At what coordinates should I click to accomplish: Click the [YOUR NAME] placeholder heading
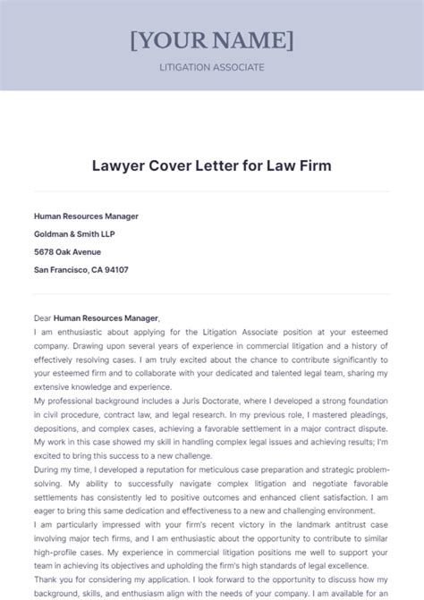[212, 40]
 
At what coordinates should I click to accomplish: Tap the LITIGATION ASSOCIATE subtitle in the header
[212, 67]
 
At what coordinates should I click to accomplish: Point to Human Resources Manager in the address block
[86, 215]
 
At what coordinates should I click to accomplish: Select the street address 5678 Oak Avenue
[69, 251]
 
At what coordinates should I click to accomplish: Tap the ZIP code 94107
[114, 269]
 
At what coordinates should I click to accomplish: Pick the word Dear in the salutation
[42, 317]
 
